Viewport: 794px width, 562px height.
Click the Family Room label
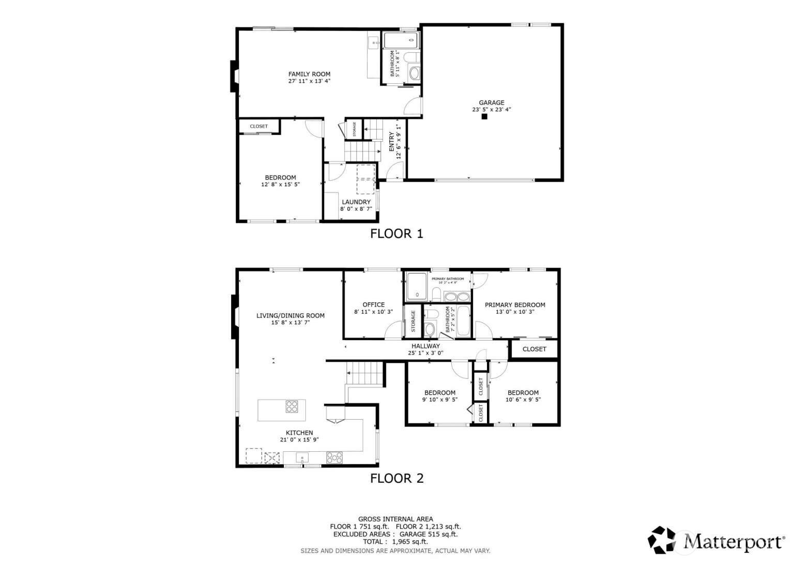click(309, 74)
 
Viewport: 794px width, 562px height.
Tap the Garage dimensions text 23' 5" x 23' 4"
click(492, 110)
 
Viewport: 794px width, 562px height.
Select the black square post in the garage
click(484, 117)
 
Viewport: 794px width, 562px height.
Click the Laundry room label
click(356, 202)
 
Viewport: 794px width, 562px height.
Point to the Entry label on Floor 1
click(392, 142)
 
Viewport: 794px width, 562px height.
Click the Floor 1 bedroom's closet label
click(259, 126)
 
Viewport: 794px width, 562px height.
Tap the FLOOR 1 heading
click(396, 234)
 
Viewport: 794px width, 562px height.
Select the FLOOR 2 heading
click(396, 479)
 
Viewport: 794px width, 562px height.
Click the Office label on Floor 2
click(373, 305)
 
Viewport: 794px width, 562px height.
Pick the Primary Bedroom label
click(515, 305)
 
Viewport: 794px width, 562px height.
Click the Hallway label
click(425, 346)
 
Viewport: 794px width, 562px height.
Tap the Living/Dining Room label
click(291, 316)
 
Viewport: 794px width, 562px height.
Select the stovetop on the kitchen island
click(292, 407)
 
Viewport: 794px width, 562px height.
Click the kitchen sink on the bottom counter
click(302, 457)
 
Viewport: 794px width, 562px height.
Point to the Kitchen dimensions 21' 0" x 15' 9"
click(299, 440)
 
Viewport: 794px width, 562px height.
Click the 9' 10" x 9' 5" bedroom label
click(440, 393)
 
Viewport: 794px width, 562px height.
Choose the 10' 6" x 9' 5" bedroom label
click(523, 393)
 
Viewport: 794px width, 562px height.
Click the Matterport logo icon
click(663, 540)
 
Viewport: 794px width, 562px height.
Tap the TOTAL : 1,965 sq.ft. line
click(395, 542)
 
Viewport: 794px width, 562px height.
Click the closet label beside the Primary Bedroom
click(534, 349)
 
